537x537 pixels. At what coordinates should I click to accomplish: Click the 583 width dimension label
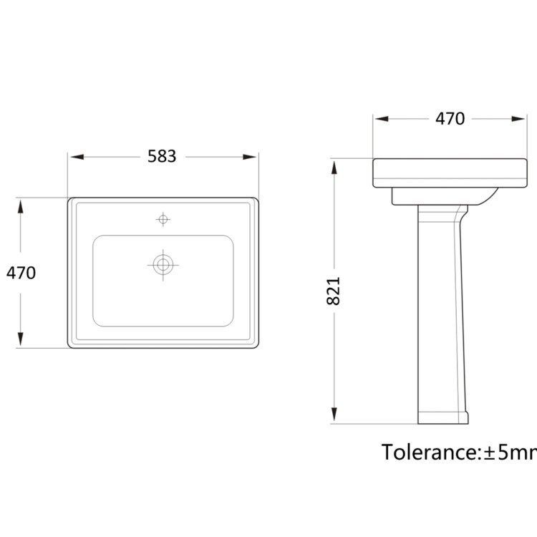click(x=162, y=157)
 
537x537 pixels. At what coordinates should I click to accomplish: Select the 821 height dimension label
click(x=333, y=291)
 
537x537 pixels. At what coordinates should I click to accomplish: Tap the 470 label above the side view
click(x=450, y=119)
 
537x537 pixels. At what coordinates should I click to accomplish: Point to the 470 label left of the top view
click(x=21, y=273)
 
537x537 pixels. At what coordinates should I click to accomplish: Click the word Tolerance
click(x=429, y=452)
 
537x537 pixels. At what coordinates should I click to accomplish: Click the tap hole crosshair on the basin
click(x=163, y=219)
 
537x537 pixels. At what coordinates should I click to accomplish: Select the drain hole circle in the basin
click(x=163, y=265)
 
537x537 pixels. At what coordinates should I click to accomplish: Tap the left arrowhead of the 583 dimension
click(x=77, y=157)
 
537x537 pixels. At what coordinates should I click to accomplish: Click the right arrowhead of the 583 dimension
click(x=249, y=157)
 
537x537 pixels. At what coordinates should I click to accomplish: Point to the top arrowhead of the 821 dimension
click(x=334, y=168)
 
